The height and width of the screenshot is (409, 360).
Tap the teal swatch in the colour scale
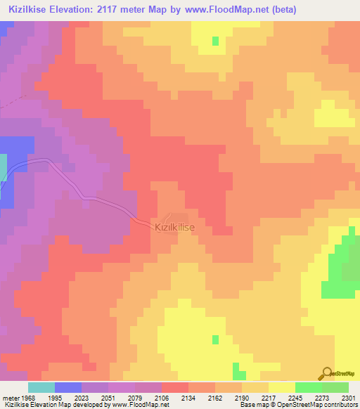tap(41, 387)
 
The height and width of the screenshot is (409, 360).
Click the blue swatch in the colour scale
tap(68, 387)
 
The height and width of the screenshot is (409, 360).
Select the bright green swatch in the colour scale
tap(309, 387)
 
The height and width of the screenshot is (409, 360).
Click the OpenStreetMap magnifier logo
tap(326, 373)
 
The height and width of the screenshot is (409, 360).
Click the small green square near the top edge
tap(215, 40)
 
